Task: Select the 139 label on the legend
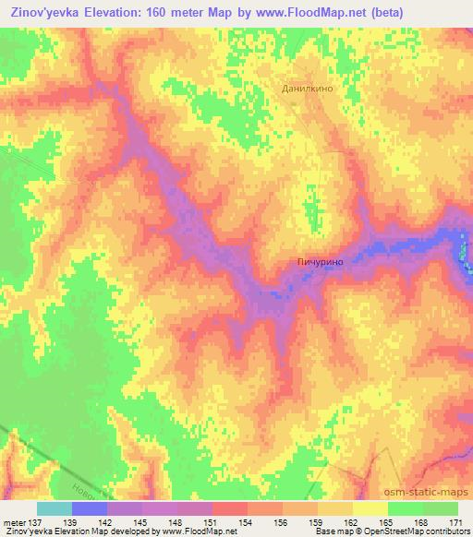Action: [73, 524]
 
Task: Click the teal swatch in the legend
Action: [55, 508]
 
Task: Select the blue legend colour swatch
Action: [90, 508]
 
